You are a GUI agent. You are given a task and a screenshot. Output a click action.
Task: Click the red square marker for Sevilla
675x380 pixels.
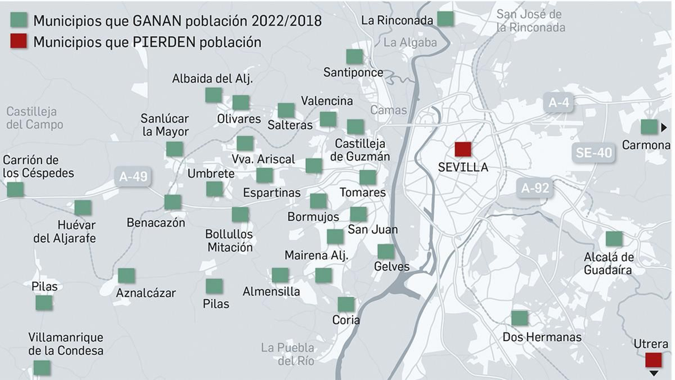[x=463, y=149]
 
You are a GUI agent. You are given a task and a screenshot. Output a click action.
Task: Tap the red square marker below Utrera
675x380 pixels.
[x=653, y=360]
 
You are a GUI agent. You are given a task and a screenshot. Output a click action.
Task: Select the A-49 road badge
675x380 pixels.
[x=133, y=176]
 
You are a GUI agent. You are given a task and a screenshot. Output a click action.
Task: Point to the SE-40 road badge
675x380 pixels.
[x=594, y=152]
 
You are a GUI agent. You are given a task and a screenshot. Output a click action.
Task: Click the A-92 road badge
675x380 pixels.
[x=535, y=187]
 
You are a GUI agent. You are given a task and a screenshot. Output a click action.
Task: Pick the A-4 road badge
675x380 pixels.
[x=559, y=102]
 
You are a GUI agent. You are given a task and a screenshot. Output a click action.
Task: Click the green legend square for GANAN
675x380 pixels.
[x=19, y=19]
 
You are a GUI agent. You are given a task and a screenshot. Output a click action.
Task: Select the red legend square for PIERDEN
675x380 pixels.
[x=19, y=41]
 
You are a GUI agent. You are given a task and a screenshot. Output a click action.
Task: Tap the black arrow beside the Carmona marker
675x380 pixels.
[x=664, y=127]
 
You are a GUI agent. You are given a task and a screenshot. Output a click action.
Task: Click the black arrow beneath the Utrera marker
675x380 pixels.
[x=653, y=373]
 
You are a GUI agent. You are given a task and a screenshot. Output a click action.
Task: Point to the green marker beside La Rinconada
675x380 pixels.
[x=445, y=19]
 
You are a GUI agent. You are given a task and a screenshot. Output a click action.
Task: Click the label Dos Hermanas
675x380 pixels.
[x=542, y=337]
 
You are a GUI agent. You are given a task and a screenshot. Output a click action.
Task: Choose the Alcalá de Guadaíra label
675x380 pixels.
[x=608, y=263]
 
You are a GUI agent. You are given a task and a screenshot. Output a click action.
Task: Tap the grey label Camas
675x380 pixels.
[x=388, y=110]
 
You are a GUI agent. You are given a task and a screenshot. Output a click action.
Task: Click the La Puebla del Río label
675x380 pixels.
[x=288, y=354]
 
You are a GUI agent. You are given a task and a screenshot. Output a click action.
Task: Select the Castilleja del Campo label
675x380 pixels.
[x=34, y=118]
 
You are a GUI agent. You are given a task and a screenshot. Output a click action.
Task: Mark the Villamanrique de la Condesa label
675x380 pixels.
[x=65, y=344]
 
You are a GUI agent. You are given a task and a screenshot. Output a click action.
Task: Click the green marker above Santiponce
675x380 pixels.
[x=354, y=57]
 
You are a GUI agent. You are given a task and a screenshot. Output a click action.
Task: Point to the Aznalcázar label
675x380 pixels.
[x=146, y=293]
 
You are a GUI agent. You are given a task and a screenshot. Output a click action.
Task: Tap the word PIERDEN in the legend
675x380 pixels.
[x=164, y=42]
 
